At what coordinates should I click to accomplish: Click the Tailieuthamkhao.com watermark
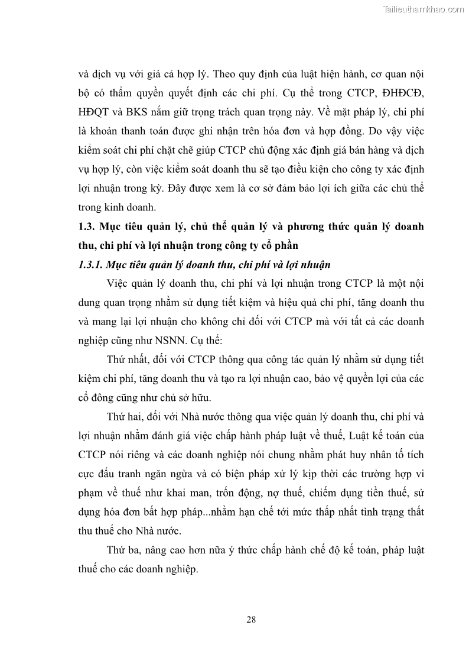point(424,9)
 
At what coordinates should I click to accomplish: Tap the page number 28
point(250,619)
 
